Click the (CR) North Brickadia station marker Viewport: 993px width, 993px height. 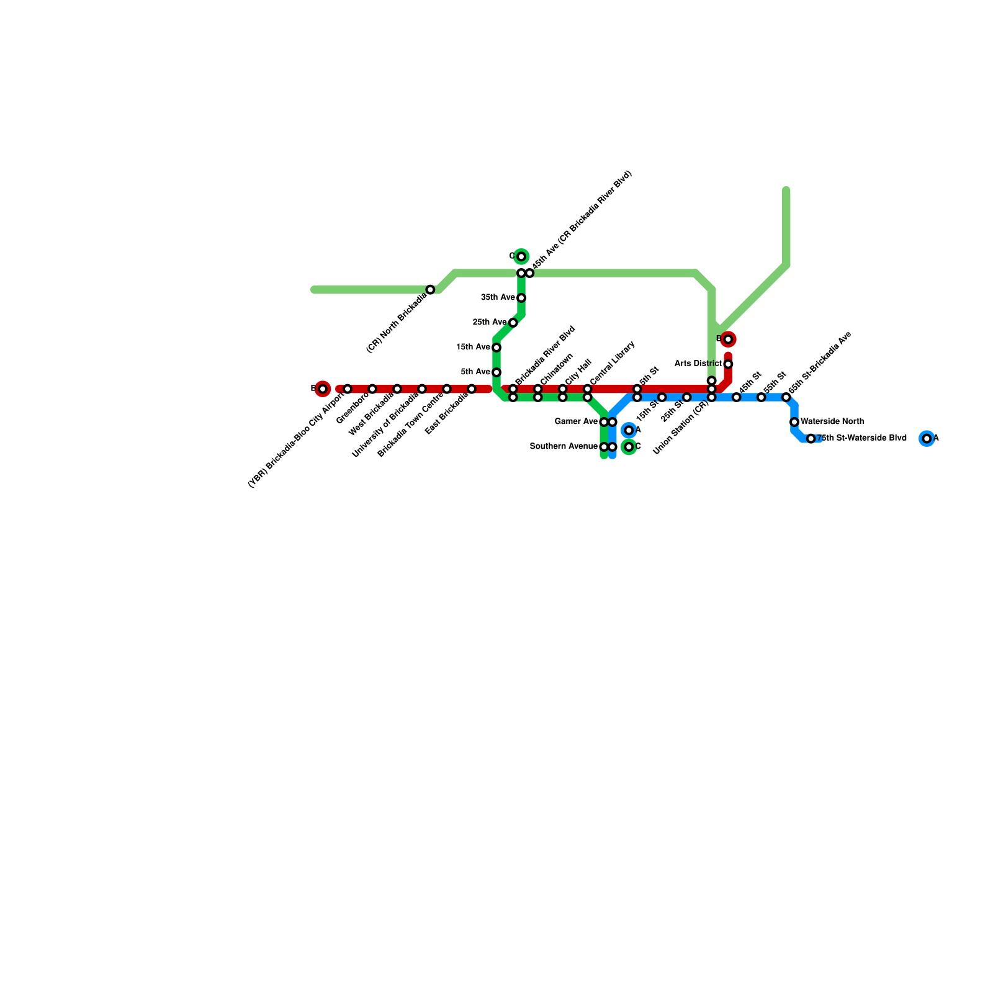430,290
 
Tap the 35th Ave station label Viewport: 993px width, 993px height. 498,298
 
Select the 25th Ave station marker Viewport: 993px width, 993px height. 513,323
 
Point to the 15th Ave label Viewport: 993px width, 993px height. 474,348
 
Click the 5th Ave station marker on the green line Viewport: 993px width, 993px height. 496,372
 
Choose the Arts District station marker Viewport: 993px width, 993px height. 728,364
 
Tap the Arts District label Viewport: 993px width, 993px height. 698,364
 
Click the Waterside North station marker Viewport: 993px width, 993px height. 794,422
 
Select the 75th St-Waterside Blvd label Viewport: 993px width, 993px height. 863,439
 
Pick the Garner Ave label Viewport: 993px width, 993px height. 577,422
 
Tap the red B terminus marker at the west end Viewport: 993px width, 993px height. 322,389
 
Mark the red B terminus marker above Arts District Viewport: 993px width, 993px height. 728,339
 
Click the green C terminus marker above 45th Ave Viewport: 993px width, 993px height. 521,257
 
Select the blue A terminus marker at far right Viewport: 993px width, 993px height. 927,439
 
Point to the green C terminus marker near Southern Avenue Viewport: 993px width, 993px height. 629,447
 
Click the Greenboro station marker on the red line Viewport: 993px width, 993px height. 372,389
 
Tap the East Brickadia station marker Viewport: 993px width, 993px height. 472,389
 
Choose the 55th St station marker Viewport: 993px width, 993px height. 762,397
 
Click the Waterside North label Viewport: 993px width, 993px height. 832,422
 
